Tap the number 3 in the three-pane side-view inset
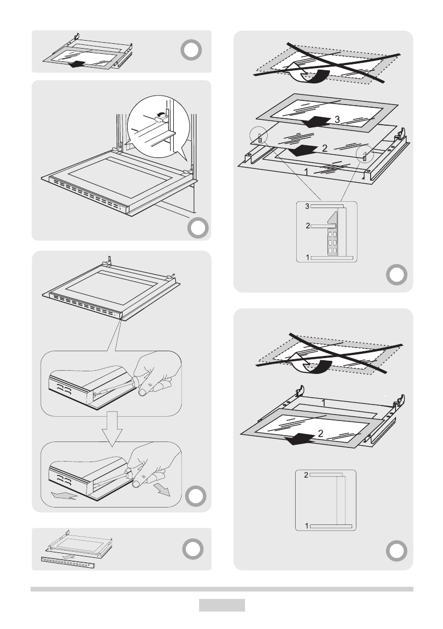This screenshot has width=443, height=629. click(307, 206)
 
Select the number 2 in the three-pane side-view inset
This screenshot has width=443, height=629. click(307, 226)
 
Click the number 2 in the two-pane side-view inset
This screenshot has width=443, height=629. click(306, 475)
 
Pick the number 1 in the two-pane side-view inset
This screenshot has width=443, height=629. click(307, 525)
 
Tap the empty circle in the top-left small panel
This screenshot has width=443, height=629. click(192, 50)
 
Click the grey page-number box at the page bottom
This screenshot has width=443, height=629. click(222, 605)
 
